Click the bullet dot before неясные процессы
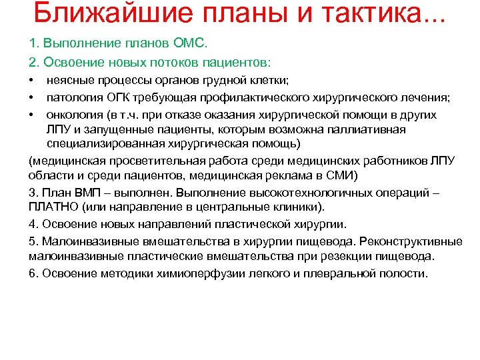pos(32,81)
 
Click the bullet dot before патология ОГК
pos(32,98)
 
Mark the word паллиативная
pos(372,129)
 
